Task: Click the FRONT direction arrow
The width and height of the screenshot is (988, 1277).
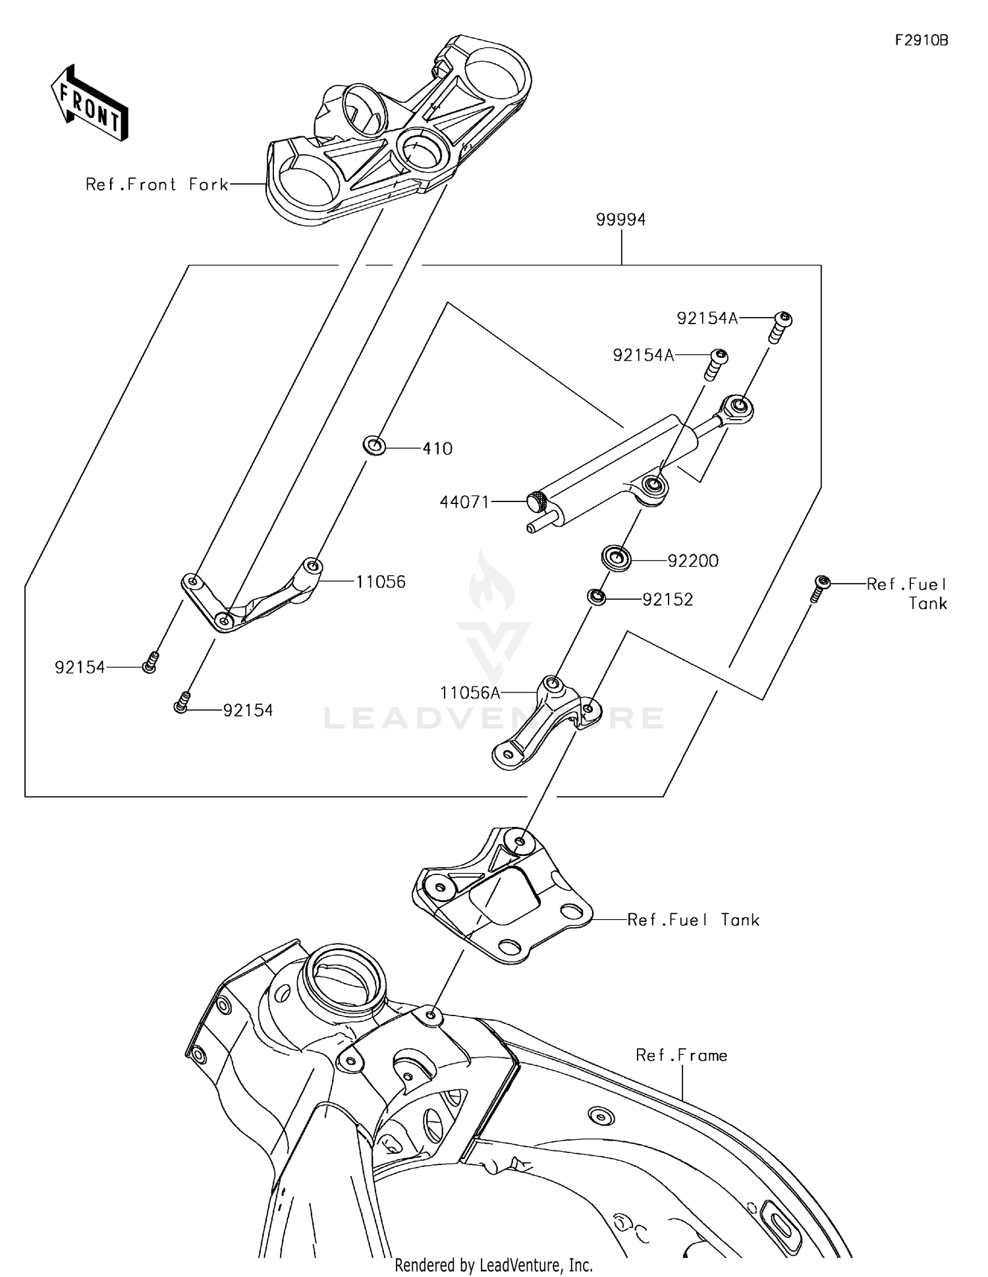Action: pos(90,103)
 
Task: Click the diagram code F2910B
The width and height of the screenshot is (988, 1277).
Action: pos(921,40)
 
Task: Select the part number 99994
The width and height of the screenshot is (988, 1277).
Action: pos(620,219)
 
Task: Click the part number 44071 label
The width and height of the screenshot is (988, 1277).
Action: pos(464,502)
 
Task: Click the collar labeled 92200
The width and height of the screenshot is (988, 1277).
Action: pos(617,559)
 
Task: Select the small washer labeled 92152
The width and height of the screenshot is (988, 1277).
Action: pos(597,597)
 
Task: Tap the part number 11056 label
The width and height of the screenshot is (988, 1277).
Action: pos(381,582)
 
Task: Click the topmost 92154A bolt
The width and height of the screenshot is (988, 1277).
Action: pos(781,326)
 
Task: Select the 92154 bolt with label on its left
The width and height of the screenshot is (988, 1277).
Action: pos(150,662)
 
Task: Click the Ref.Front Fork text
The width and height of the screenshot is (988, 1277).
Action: pos(157,184)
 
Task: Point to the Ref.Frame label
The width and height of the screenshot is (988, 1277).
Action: pos(681,1056)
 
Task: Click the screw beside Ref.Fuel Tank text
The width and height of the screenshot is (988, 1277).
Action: pos(819,588)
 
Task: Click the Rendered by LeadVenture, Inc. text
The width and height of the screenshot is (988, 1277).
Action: pos(493,1264)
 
